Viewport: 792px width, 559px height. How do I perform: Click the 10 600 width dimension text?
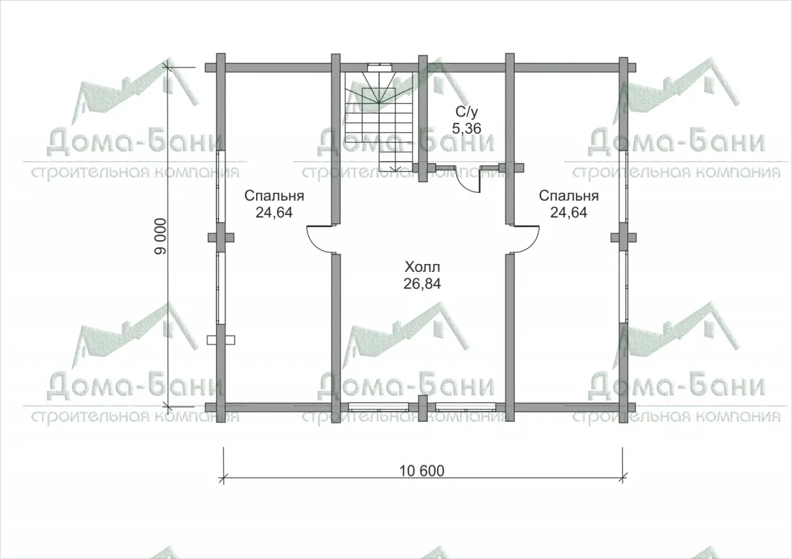422,471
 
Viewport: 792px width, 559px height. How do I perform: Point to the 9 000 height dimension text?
160,236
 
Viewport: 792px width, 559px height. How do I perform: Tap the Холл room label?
422,267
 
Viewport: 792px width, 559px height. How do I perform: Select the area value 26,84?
422,284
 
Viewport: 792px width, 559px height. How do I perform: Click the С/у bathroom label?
467,112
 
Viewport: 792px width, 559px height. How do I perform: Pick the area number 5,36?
467,128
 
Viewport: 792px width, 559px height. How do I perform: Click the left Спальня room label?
274,195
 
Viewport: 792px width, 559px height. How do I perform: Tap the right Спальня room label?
568,195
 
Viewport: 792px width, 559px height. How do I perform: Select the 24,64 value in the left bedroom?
274,212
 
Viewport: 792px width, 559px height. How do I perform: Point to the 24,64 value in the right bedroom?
568,212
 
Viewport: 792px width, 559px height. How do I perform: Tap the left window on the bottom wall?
379,407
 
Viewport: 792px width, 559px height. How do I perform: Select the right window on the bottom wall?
466,407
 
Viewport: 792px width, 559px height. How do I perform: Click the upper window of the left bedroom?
220,187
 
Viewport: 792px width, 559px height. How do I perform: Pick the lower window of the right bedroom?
623,287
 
